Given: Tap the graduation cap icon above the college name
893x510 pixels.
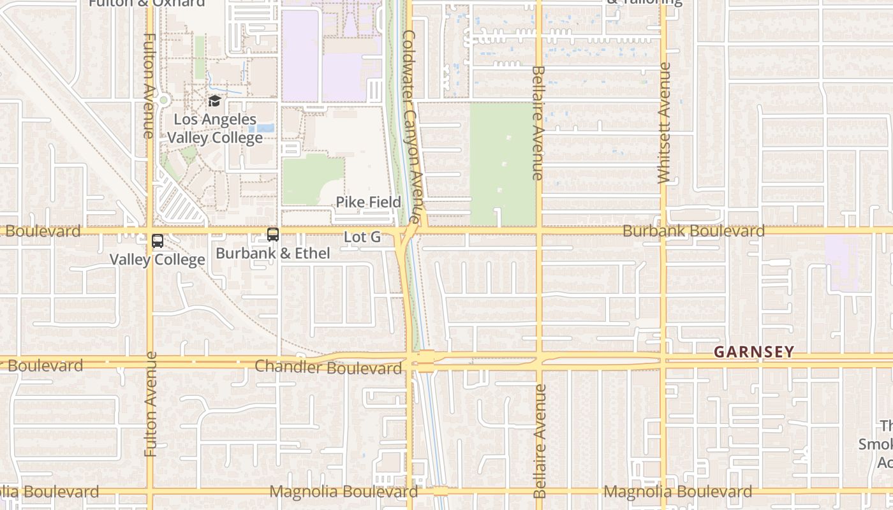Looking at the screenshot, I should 214,101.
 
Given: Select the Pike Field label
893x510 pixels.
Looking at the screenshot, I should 369,202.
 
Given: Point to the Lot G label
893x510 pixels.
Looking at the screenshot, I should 362,237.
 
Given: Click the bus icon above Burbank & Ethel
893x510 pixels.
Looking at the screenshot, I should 273,235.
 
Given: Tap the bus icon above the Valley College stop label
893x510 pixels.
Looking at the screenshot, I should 158,241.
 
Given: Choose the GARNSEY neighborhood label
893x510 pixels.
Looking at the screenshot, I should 754,351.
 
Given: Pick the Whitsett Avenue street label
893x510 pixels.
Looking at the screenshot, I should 664,123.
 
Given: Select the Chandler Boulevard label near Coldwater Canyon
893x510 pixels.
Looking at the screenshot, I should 328,368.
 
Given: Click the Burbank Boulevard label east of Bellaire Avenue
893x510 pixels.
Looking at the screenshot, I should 693,231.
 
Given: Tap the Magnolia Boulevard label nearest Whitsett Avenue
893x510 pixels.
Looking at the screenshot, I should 677,492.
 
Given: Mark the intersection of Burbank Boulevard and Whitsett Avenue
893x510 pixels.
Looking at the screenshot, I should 663,230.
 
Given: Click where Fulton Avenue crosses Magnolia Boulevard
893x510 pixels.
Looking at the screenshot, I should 151,491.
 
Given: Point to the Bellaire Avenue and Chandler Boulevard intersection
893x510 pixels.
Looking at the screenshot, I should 539,361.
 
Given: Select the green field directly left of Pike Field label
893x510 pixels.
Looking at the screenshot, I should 313,180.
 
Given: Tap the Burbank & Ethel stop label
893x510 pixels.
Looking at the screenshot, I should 273,253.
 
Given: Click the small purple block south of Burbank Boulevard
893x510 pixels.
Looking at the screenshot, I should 841,261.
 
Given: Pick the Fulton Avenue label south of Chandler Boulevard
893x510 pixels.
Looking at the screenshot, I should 151,404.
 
